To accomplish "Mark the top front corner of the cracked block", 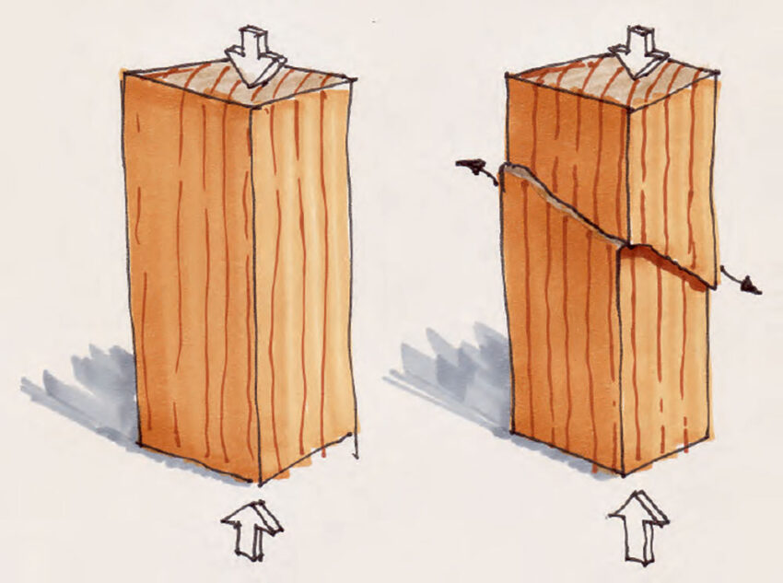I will (628, 111).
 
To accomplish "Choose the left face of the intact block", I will (189, 276).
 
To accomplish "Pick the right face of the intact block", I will (304, 276).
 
